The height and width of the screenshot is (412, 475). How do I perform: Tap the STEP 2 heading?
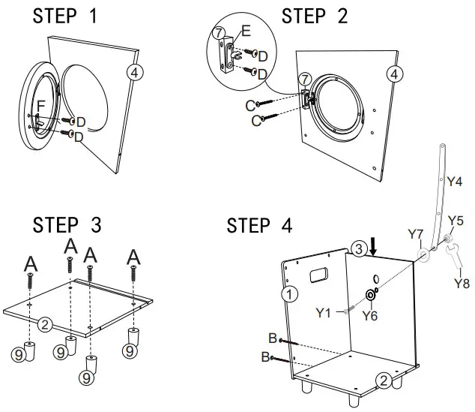click(315, 16)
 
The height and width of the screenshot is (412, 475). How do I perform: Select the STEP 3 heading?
click(67, 225)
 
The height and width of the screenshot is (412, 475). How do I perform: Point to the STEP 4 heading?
click(260, 225)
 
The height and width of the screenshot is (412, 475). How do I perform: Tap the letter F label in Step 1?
click(42, 105)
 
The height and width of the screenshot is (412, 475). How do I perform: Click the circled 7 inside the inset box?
click(218, 33)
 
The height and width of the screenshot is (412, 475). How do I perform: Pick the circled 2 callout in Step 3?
click(46, 324)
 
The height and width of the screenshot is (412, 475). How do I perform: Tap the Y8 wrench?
click(456, 263)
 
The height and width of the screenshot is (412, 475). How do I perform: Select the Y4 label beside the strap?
click(454, 181)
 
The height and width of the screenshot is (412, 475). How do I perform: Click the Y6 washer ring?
click(369, 293)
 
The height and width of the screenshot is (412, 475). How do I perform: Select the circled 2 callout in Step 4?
click(383, 380)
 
